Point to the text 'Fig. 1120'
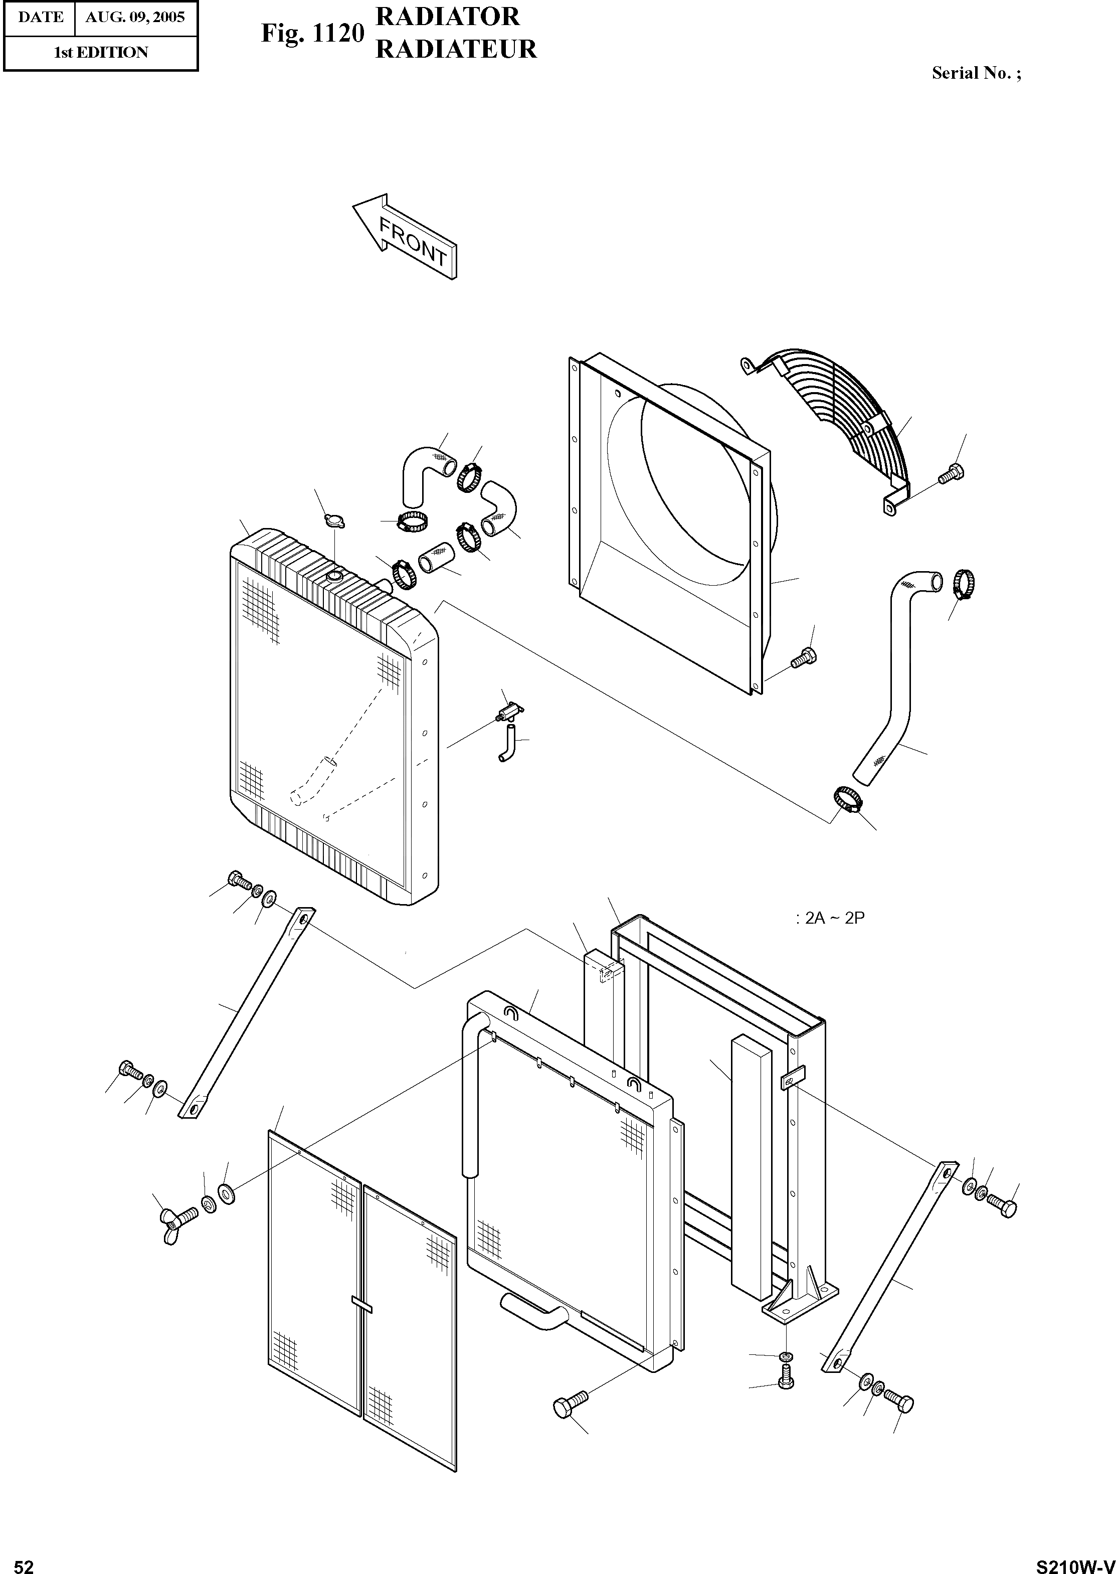(x=311, y=33)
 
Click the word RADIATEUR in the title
(x=456, y=50)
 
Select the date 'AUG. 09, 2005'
(x=135, y=17)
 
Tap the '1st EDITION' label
(x=100, y=52)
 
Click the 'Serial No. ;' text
(x=976, y=74)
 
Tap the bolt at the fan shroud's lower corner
(x=803, y=658)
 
